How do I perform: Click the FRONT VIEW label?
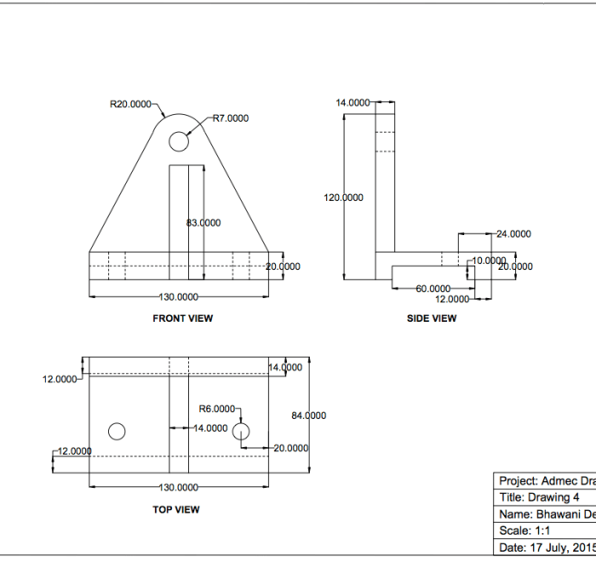coord(182,318)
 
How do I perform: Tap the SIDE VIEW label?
coord(431,318)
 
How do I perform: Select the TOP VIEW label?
coord(175,509)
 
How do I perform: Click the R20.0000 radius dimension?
coord(130,105)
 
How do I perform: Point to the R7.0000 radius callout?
coord(230,118)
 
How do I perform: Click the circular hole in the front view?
coord(178,140)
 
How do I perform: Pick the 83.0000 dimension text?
coord(203,222)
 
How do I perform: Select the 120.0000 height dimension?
coord(343,198)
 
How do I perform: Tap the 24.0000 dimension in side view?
coord(513,233)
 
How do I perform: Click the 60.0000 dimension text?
coord(433,289)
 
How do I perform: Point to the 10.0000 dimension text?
coord(489,260)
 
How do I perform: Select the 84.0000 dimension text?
coord(309,416)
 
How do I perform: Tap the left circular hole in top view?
coord(117,431)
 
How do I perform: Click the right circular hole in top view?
coord(242,431)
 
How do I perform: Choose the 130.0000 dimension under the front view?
coord(179,296)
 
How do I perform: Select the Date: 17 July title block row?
coord(544,547)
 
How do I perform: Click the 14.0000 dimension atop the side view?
coord(352,103)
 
